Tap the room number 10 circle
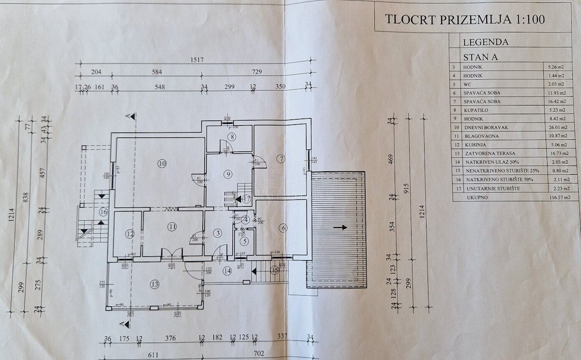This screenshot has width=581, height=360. [162, 163]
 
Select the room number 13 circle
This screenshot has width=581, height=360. [154, 284]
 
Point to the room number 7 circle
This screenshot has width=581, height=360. [280, 158]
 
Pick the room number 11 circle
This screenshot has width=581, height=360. [172, 226]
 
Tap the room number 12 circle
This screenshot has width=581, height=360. [129, 234]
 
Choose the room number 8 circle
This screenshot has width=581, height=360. [232, 137]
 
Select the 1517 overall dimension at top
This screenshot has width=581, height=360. [196, 60]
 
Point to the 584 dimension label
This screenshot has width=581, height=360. [156, 72]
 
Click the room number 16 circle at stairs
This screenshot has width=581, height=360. [103, 211]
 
